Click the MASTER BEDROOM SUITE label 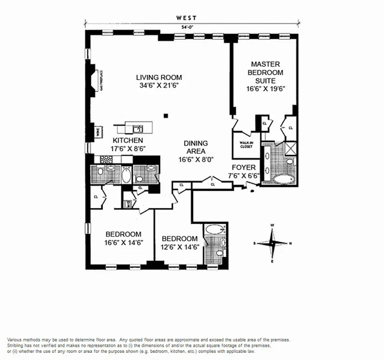[x=267, y=72]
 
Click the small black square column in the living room [x=167, y=116]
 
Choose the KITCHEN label [x=116, y=140]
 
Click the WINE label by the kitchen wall [x=97, y=132]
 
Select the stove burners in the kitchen [x=105, y=158]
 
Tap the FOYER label [x=244, y=167]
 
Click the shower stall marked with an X [x=291, y=147]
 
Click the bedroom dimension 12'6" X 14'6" [x=180, y=247]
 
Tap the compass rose [x=272, y=243]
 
